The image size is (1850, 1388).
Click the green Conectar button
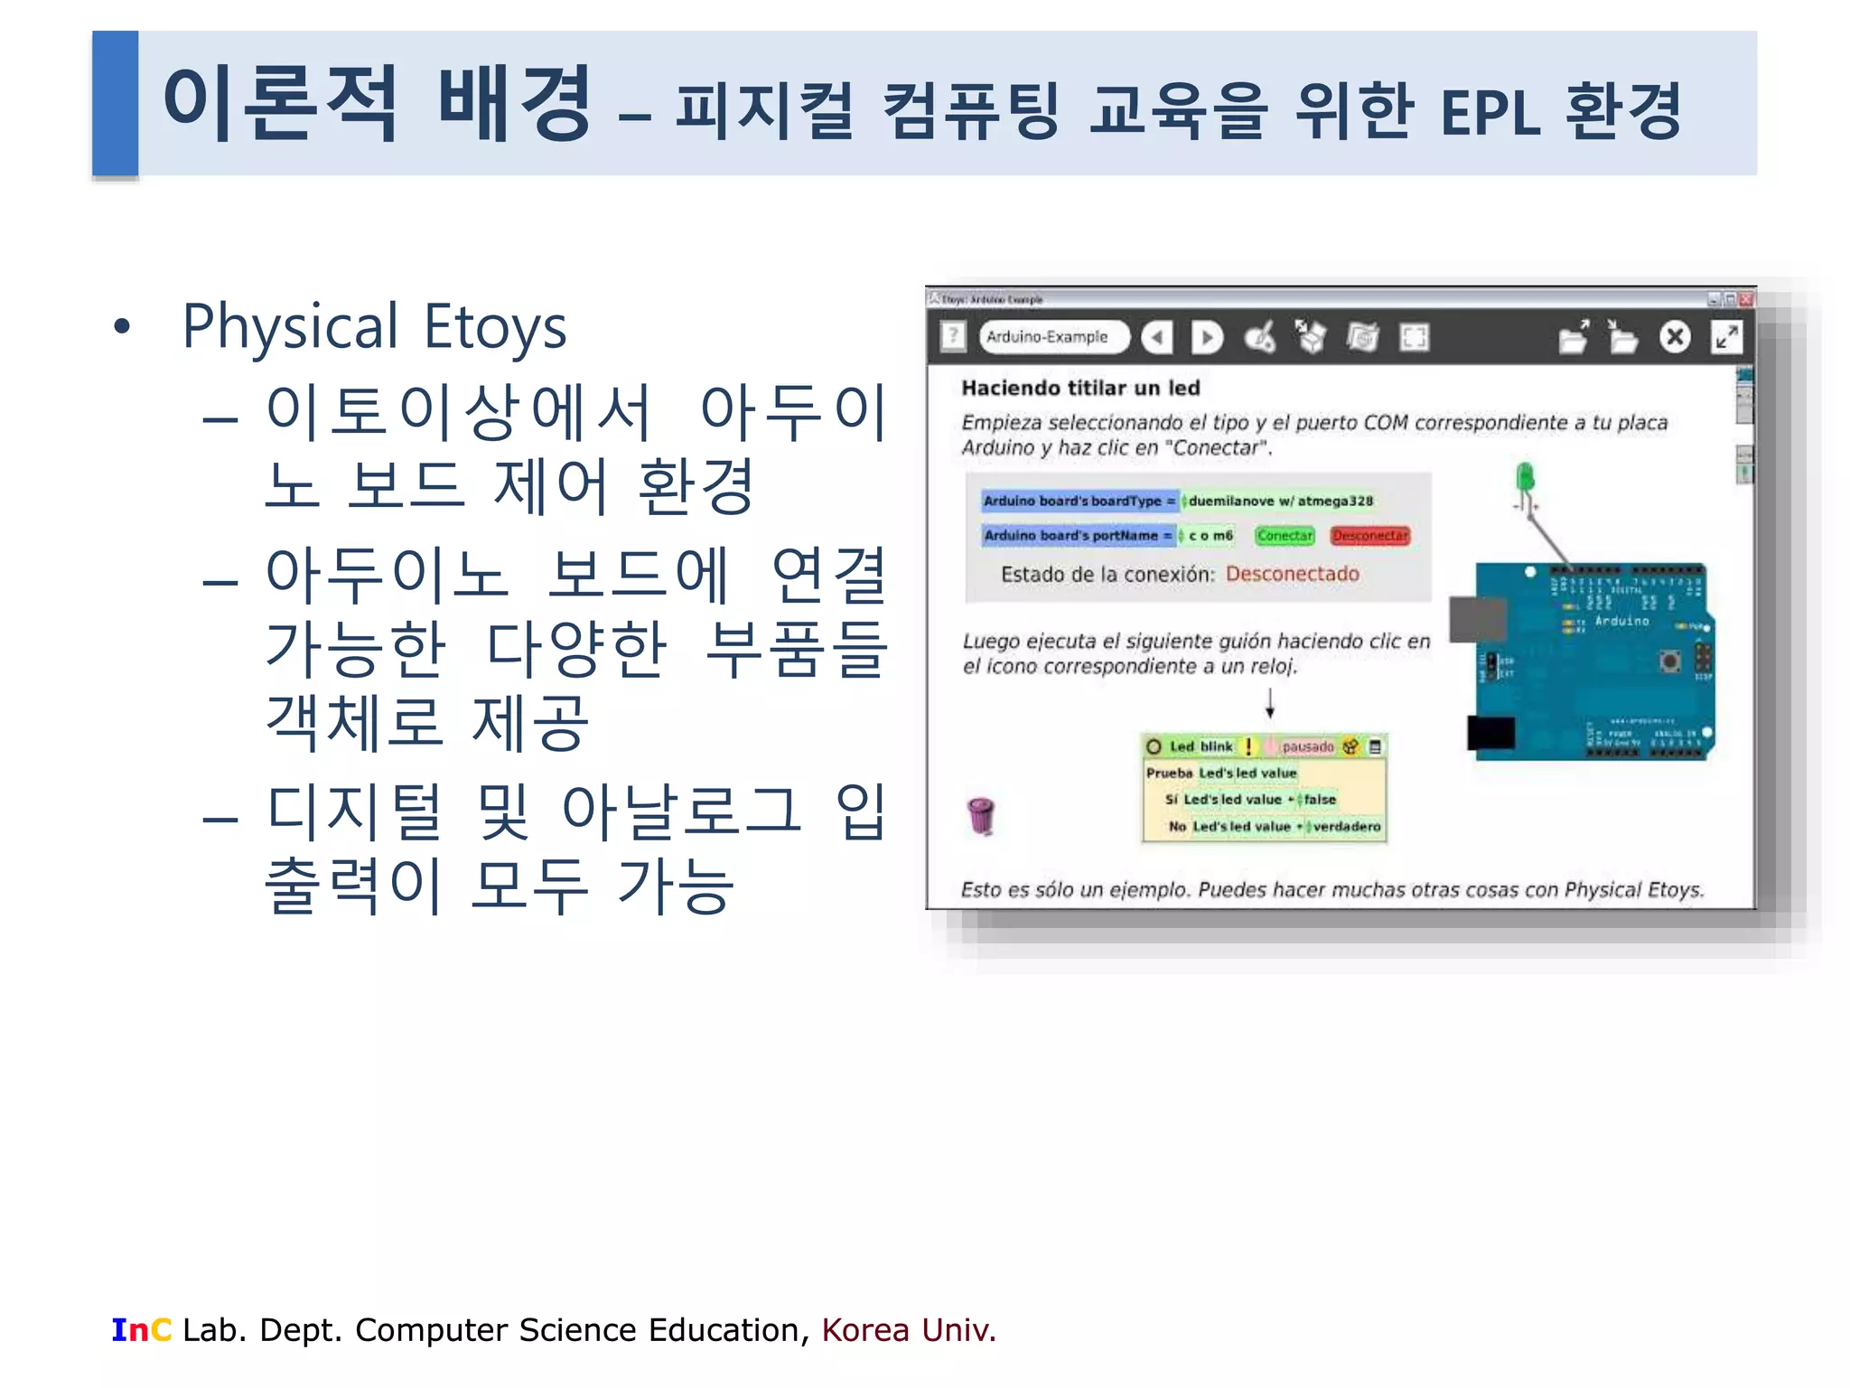coord(1285,536)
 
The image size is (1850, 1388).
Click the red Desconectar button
coord(1369,536)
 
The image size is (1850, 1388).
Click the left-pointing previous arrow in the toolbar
coord(1157,338)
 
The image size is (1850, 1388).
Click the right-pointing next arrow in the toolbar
coord(1207,338)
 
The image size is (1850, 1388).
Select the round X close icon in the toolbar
coord(1674,337)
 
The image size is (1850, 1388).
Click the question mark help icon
coord(953,337)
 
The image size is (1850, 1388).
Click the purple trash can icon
coord(981,815)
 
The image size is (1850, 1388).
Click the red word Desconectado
coord(1292,575)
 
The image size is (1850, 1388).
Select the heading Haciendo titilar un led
coord(1080,389)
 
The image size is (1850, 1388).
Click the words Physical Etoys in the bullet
coord(374,326)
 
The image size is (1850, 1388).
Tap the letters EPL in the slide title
coord(1490,113)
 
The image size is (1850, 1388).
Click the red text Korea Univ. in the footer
coord(908,1330)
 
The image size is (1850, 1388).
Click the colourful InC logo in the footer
coord(141,1330)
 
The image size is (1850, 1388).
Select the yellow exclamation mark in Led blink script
coord(1248,746)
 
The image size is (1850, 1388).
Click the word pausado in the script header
coord(1307,746)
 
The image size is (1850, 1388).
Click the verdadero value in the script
coord(1346,827)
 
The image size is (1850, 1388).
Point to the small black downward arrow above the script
coord(1269,703)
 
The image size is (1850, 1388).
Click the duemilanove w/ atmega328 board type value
coord(1280,502)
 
